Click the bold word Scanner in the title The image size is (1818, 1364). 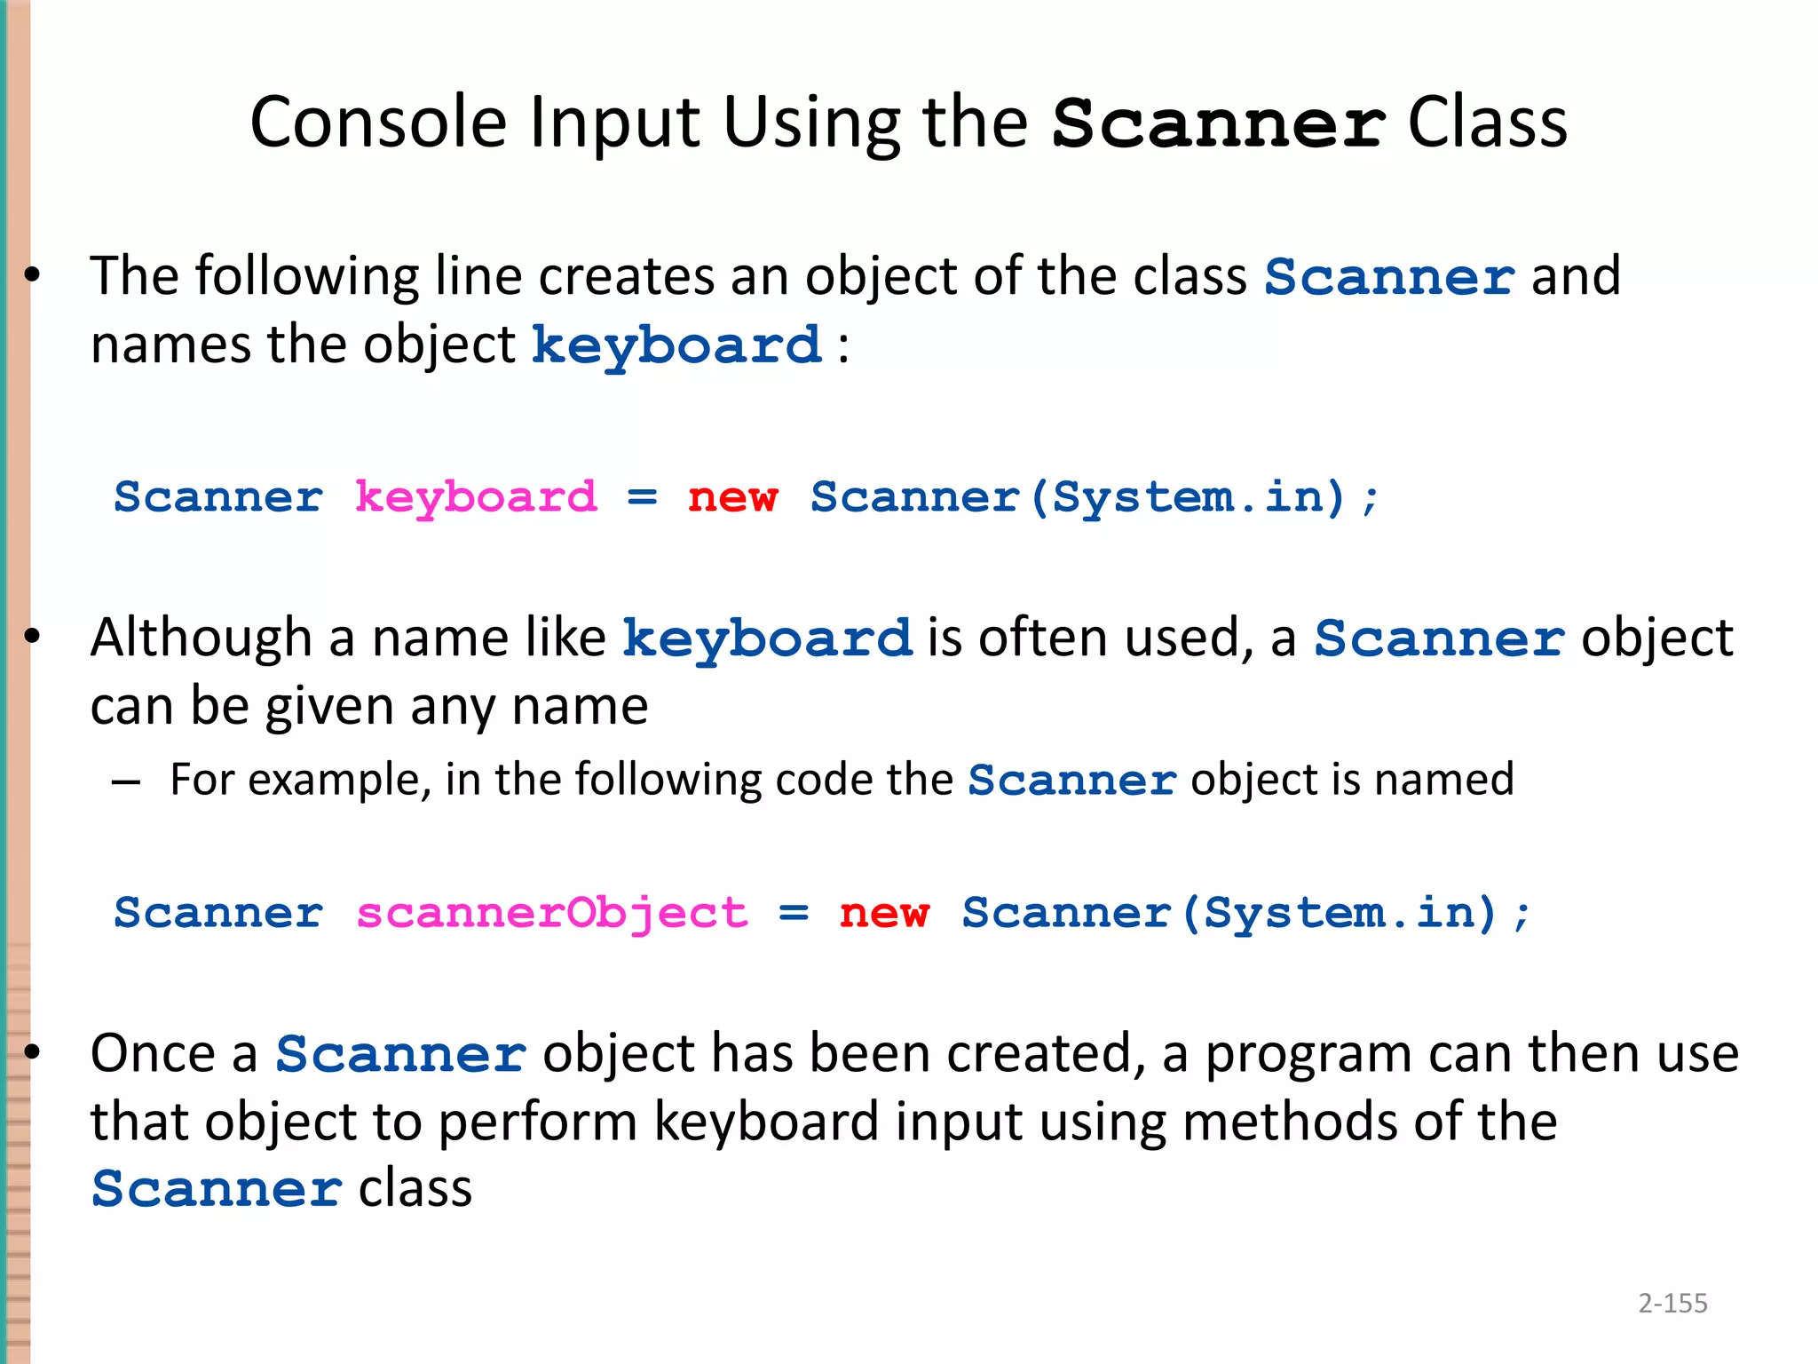[1217, 123]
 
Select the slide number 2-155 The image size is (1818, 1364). [1672, 1303]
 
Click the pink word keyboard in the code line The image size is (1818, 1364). [476, 497]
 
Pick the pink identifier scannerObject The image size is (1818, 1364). [551, 913]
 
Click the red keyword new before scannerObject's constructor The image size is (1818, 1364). [884, 913]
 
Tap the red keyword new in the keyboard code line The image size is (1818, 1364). [732, 497]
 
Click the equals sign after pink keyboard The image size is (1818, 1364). [642, 497]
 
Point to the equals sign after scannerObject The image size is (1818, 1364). [794, 913]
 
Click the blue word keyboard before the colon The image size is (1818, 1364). [676, 346]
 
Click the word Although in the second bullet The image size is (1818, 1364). [201, 638]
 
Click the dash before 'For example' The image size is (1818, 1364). [126, 782]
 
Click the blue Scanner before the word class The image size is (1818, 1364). [217, 1190]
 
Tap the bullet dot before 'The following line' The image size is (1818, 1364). [33, 276]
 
